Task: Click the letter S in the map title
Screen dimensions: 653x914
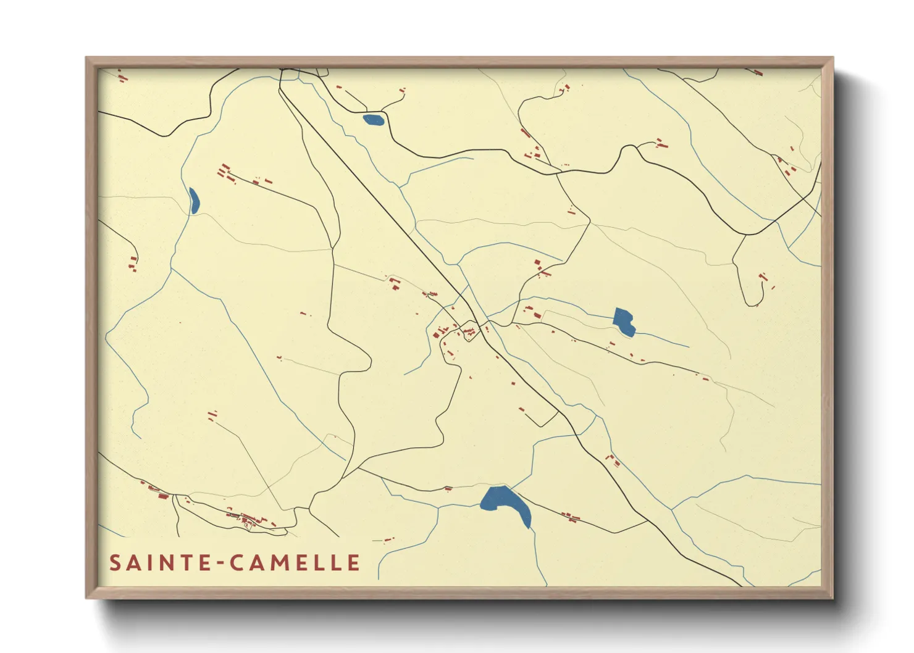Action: click(115, 563)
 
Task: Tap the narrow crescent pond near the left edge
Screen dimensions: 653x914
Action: click(194, 201)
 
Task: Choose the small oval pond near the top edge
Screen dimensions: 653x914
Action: click(373, 120)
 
